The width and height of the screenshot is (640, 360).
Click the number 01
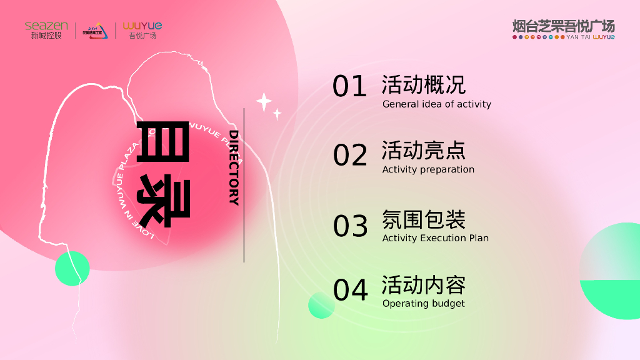349,87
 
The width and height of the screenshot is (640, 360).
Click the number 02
350,155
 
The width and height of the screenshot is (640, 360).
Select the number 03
350,226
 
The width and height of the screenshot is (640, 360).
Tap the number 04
350,291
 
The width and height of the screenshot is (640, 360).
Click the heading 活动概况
423,84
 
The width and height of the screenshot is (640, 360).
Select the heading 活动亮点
423,151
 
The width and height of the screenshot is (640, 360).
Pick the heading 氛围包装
423,219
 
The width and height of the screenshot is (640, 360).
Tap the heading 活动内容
423,285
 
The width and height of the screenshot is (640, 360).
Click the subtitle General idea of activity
437,104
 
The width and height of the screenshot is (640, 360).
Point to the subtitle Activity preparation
428,169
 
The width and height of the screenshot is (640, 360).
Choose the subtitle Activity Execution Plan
435,238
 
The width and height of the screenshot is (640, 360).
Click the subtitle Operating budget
423,304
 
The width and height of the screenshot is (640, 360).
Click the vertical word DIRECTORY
234,167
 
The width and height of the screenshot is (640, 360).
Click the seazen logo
46,29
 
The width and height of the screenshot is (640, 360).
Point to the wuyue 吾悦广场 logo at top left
142,29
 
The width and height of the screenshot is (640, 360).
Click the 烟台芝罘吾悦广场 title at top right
563,29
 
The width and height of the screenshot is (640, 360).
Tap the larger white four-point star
264,102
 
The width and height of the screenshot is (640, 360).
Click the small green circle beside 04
321,305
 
